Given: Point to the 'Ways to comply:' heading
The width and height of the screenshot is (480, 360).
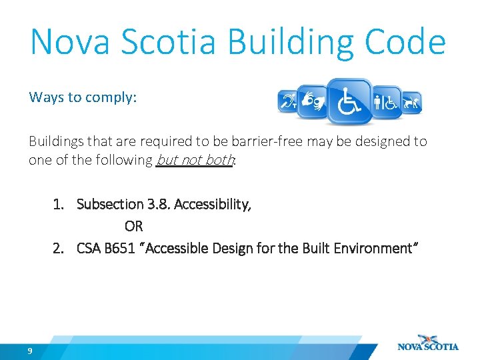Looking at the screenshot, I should (x=83, y=97).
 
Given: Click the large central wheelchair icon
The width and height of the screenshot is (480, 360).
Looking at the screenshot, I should (x=349, y=101).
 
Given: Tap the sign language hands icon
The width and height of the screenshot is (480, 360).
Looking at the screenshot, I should (x=313, y=101).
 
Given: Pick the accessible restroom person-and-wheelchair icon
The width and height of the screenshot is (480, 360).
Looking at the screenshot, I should (x=386, y=102).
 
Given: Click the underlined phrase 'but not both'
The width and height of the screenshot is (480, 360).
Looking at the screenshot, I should (x=195, y=160).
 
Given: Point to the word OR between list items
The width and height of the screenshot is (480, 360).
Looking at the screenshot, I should (x=133, y=226).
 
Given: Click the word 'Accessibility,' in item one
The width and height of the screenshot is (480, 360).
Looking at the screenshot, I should (x=212, y=204).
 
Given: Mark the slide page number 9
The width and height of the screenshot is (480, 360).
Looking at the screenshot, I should (x=30, y=351).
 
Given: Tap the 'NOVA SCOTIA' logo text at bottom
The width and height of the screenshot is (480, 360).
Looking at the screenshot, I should (x=428, y=347).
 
